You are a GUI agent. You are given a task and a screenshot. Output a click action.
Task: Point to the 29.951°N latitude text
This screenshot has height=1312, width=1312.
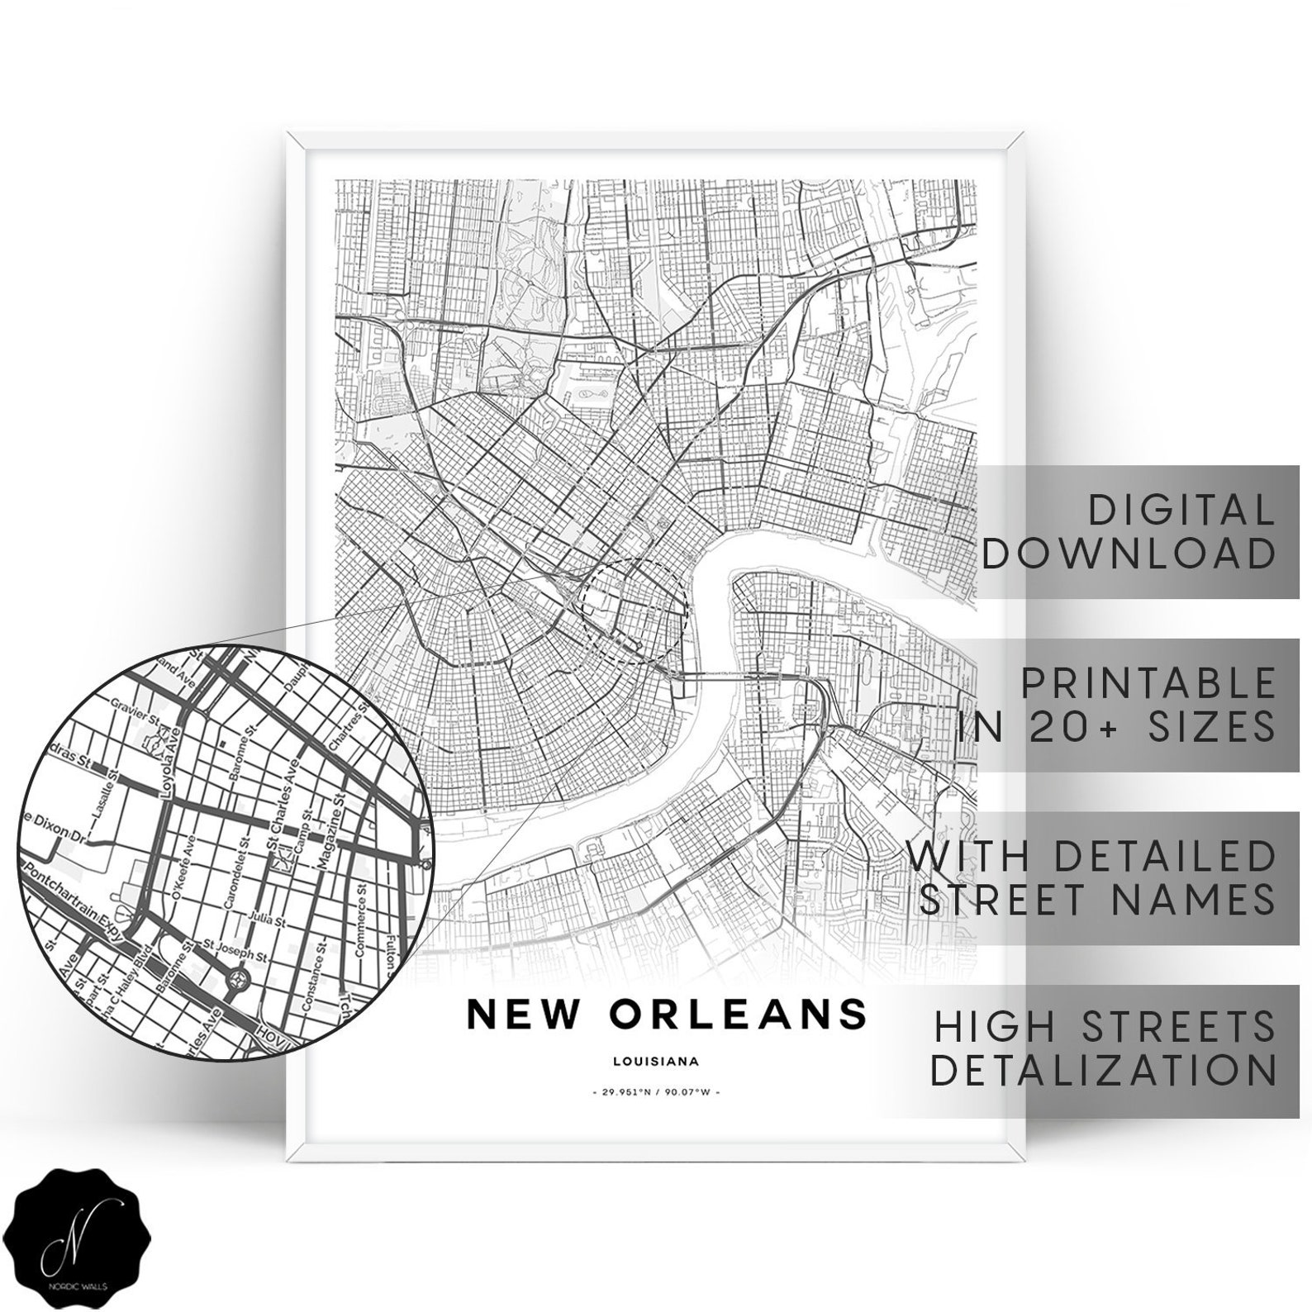pyautogui.click(x=625, y=1092)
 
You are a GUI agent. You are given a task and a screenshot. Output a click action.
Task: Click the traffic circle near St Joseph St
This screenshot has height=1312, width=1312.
pyautogui.click(x=240, y=980)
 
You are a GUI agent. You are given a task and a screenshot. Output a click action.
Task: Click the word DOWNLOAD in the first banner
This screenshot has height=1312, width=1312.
pyautogui.click(x=1129, y=553)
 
